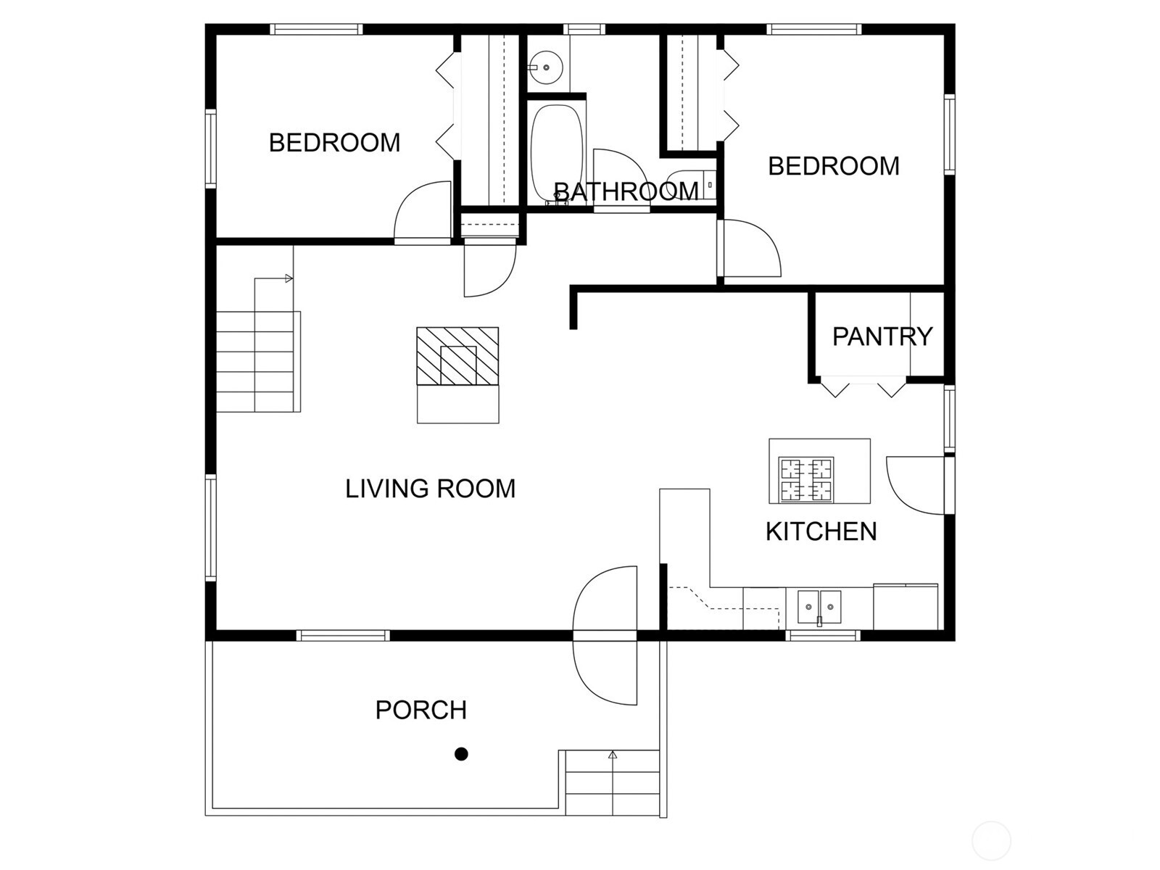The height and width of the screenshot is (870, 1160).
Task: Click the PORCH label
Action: [420, 710]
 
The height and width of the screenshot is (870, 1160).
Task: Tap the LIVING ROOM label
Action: [430, 489]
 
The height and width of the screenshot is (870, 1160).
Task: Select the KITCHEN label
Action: [821, 531]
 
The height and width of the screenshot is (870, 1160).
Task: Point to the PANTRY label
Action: [882, 336]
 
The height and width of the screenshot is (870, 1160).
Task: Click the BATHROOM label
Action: [626, 191]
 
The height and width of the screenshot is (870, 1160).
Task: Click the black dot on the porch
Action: [461, 754]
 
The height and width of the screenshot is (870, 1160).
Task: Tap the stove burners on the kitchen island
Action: [806, 480]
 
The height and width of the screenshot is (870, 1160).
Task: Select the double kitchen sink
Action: [819, 607]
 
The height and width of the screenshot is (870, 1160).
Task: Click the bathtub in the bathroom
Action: [557, 154]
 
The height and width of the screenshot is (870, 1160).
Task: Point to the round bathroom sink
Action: [546, 67]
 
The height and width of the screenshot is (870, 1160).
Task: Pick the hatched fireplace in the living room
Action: [457, 356]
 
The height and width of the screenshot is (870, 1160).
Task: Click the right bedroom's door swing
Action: [749, 248]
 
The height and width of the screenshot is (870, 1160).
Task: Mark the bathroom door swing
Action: [621, 181]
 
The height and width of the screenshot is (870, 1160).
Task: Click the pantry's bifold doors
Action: [863, 386]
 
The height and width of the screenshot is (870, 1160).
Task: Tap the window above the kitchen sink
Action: [823, 636]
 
